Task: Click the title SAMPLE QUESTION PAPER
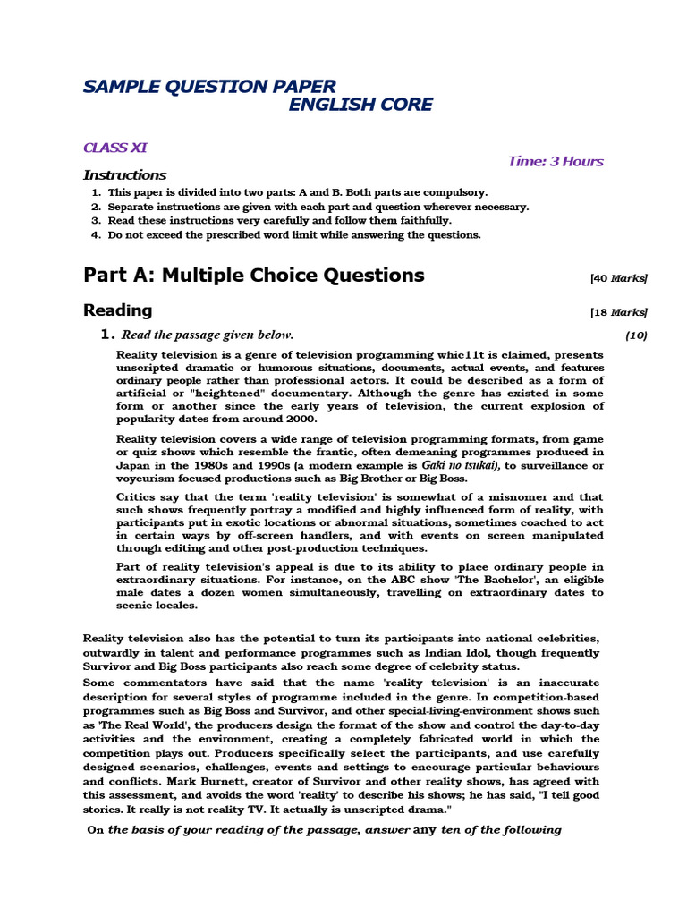coord(209,87)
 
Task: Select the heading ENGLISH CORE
coord(360,106)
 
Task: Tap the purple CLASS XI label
coord(115,148)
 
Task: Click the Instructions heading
coord(124,175)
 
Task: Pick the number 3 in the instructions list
coord(95,220)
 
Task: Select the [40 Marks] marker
coord(618,278)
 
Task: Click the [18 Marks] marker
coord(618,312)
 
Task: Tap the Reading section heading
coord(117,310)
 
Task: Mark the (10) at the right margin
coord(635,335)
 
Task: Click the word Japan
coord(134,465)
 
